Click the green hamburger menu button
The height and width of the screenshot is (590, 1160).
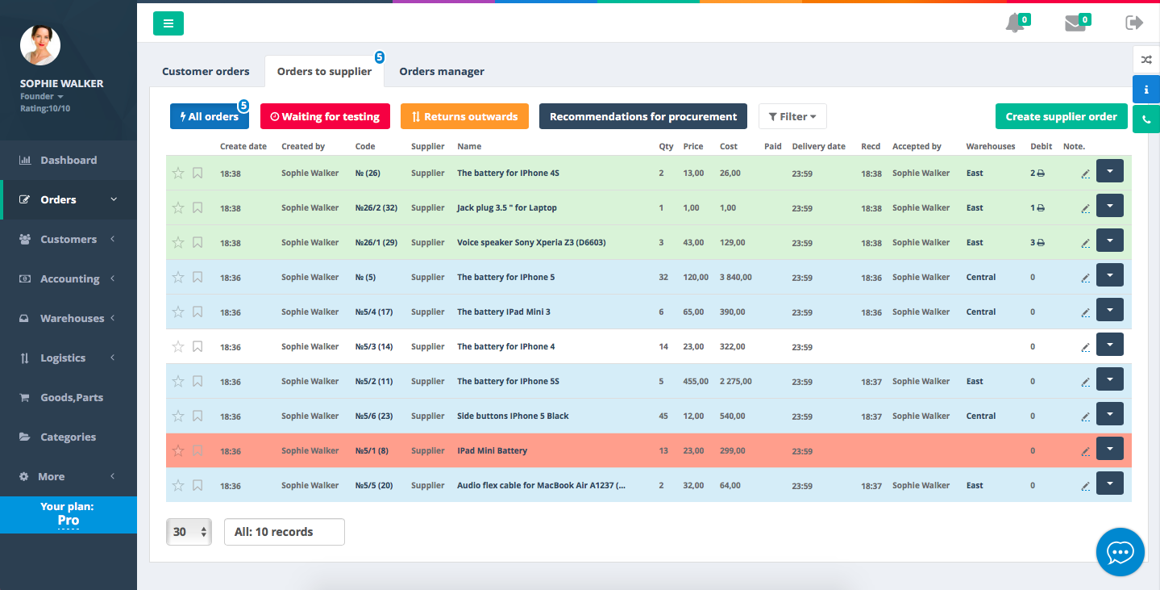pos(168,23)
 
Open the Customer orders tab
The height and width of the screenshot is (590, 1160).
pos(206,72)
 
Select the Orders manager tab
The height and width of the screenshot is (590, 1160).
pos(442,72)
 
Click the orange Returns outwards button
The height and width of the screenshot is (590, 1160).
pos(464,116)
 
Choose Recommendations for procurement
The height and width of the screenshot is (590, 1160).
pos(643,116)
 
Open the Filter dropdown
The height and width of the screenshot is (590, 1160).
pos(792,116)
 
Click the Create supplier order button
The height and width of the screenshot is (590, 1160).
pos(1061,116)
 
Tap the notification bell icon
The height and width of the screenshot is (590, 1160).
pos(1015,23)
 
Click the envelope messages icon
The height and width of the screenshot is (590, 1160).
pos(1075,23)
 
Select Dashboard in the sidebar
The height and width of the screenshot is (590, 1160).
pos(69,160)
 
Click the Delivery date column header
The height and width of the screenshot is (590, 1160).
pos(818,146)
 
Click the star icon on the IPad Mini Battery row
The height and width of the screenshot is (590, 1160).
pos(178,450)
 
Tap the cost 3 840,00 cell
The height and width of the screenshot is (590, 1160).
pos(735,278)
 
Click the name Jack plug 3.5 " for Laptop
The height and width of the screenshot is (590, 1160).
pos(506,208)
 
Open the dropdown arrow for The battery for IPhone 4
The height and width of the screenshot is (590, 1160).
pos(1110,345)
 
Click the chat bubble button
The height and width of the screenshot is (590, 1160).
pos(1121,552)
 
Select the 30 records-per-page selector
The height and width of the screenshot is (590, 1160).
pos(189,532)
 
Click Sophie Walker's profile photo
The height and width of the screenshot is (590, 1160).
pos(39,45)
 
